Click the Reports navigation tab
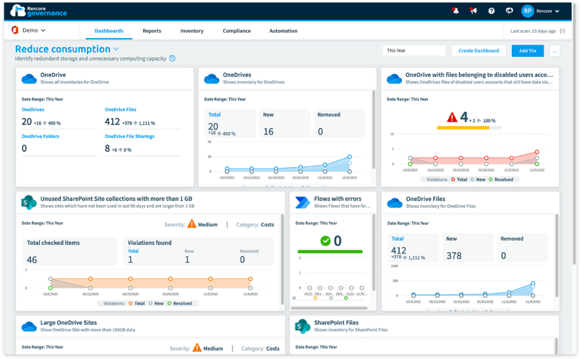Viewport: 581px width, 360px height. (151, 31)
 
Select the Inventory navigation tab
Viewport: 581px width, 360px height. (192, 31)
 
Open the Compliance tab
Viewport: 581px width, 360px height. (237, 31)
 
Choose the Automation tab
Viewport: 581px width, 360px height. (283, 31)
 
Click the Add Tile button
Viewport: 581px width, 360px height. (527, 50)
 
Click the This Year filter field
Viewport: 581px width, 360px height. (414, 50)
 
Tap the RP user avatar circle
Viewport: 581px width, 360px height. (528, 11)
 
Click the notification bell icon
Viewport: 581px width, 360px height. (455, 11)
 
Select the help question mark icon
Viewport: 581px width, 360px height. (491, 11)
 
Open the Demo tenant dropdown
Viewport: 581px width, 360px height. (29, 31)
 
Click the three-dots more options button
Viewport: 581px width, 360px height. (555, 50)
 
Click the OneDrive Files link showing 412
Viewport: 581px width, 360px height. (120, 109)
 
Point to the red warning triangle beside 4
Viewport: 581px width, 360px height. (452, 117)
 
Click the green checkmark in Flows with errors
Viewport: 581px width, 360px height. (325, 241)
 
